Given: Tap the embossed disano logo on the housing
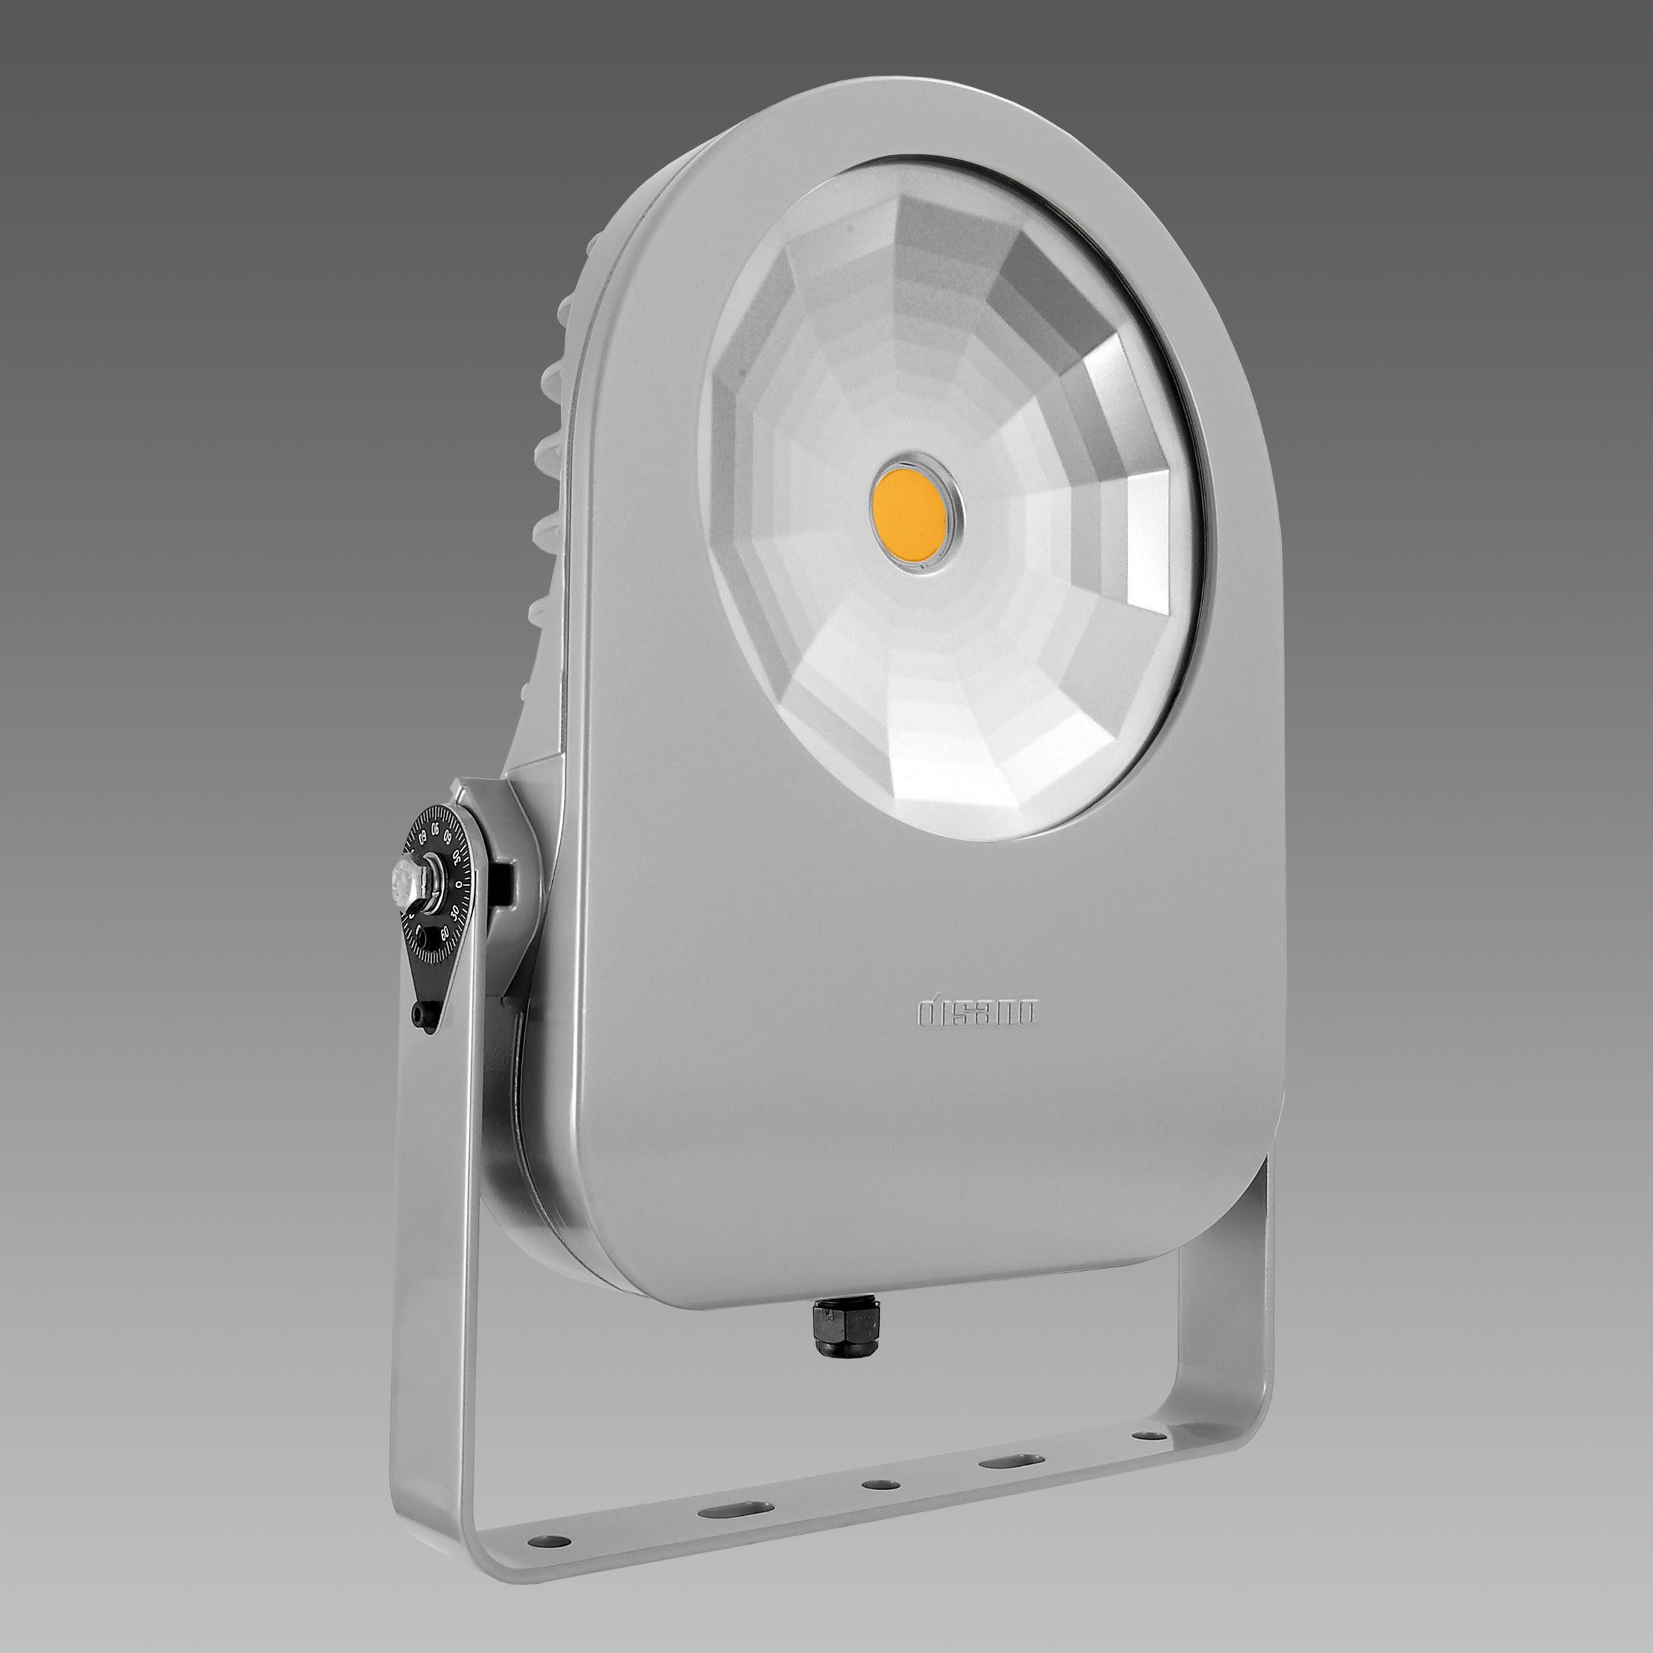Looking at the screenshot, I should pyautogui.click(x=977, y=1012).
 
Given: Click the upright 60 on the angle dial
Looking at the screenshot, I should pyautogui.click(x=446, y=934).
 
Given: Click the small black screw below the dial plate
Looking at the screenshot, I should pyautogui.click(x=419, y=1015).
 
